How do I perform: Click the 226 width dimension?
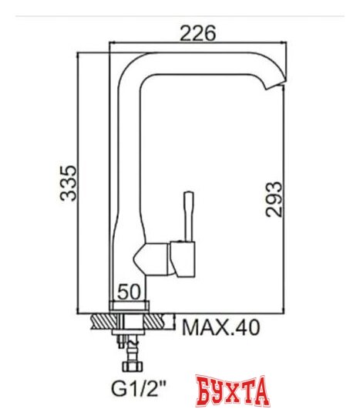(197, 33)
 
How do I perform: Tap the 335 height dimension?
(69, 183)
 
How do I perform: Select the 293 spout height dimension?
(274, 199)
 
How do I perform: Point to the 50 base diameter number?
(129, 293)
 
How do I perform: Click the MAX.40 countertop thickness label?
(220, 327)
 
